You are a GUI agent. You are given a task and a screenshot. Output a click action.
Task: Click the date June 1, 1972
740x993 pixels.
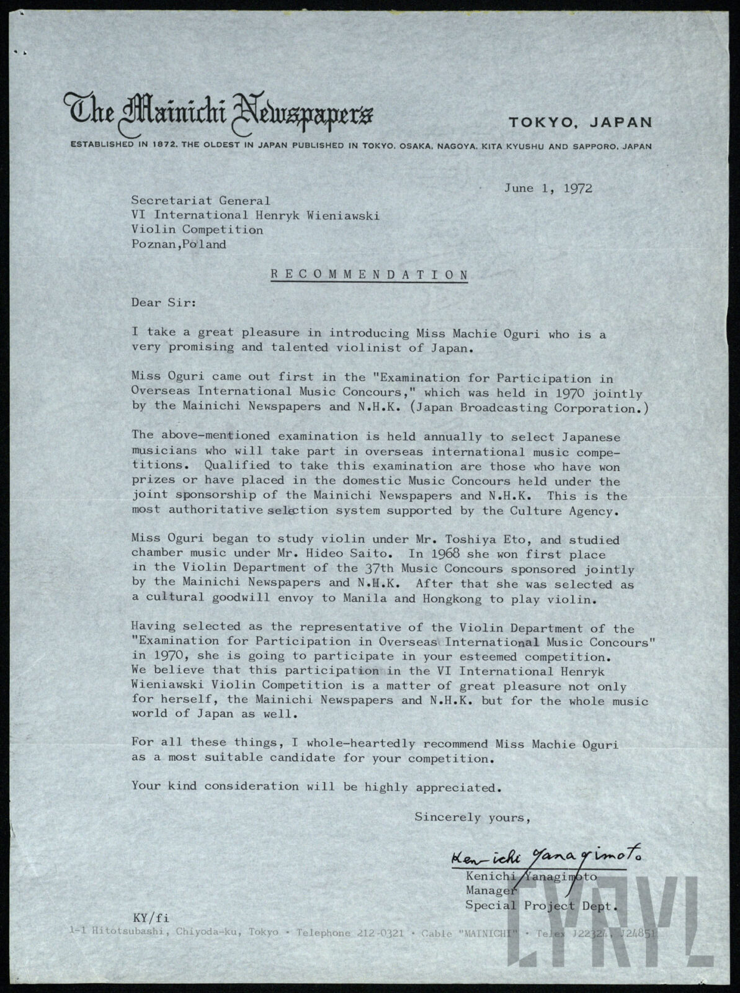pyautogui.click(x=548, y=188)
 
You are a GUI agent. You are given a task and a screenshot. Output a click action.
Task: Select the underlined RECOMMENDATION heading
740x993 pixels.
pyautogui.click(x=369, y=274)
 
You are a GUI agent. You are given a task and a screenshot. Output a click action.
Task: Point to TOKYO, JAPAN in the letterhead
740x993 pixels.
pyautogui.click(x=581, y=122)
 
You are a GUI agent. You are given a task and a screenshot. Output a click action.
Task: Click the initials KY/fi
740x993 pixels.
pyautogui.click(x=151, y=918)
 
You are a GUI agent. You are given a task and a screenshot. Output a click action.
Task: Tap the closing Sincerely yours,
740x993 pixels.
pyautogui.click(x=472, y=817)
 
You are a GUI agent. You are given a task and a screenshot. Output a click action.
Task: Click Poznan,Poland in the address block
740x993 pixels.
pyautogui.click(x=179, y=245)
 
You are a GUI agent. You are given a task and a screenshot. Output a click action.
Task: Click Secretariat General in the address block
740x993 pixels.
pyautogui.click(x=200, y=200)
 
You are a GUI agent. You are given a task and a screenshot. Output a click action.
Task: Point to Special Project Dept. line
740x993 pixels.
pyautogui.click(x=542, y=905)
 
